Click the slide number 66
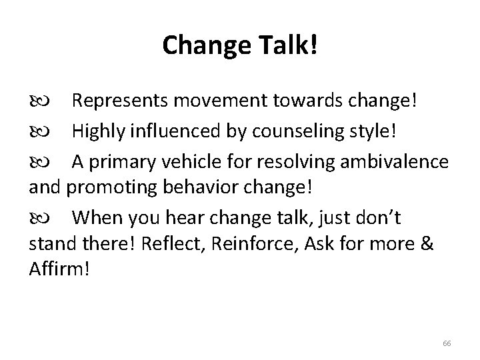(446, 343)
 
